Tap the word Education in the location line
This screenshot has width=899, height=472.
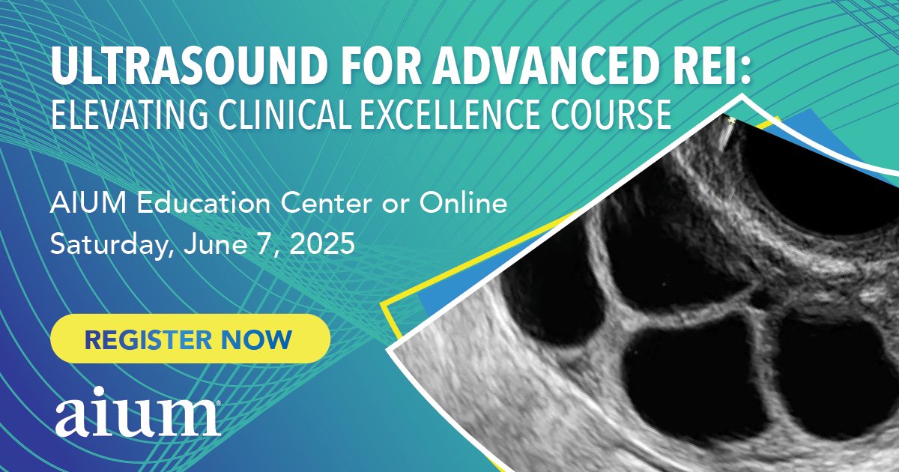coord(205,204)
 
